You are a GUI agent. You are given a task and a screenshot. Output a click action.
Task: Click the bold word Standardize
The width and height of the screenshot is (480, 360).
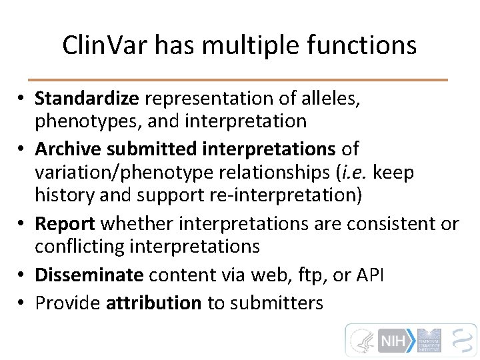87,99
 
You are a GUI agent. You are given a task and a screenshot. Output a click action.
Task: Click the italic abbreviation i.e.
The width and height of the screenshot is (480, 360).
356,173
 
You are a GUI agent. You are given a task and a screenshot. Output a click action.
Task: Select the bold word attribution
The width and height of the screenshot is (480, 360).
153,303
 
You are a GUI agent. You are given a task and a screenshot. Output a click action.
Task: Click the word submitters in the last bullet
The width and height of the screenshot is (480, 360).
276,303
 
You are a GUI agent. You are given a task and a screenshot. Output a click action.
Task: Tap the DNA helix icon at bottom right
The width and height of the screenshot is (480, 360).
461,340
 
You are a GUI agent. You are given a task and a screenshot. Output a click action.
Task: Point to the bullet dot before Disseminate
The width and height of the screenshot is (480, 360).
22,275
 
